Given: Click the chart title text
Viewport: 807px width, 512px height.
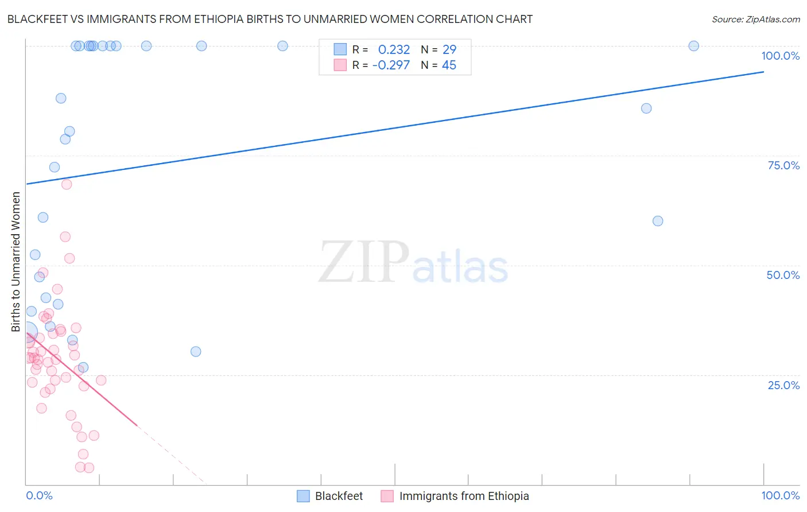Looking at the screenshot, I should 270,20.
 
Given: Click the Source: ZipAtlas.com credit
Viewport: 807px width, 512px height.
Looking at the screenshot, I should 755,20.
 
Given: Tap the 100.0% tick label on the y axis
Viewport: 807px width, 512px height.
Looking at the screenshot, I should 780,56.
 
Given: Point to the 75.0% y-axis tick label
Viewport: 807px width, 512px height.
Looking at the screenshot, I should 783,165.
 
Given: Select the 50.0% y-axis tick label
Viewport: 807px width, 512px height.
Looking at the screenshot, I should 783,275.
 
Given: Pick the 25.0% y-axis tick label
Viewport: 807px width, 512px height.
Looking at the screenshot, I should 783,385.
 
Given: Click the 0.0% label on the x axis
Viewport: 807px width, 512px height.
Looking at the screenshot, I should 39,495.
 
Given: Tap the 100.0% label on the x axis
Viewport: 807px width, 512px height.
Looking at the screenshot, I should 780,495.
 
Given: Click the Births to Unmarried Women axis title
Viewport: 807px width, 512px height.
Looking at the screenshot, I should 16,262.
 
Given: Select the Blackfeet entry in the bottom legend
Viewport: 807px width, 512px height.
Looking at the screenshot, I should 339,496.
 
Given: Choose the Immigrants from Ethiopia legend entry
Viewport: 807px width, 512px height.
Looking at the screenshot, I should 464,496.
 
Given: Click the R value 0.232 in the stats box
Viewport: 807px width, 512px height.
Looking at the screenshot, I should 394,50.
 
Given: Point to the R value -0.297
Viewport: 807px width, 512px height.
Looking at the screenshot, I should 391,65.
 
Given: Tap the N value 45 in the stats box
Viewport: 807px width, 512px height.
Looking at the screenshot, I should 449,65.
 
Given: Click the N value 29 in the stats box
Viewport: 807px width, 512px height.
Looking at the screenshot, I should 449,50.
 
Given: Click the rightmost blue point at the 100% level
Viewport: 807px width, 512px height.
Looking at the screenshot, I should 693,46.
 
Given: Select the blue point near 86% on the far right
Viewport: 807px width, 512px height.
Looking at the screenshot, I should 646,108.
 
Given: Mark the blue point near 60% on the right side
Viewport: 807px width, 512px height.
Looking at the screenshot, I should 658,221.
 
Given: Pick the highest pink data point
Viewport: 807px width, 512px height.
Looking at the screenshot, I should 67,184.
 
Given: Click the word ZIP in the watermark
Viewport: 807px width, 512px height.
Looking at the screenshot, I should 364,263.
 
